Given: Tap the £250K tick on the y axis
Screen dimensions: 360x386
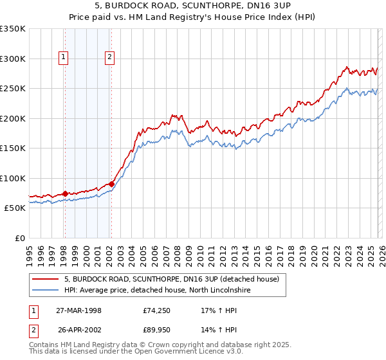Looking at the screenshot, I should coord(13,89).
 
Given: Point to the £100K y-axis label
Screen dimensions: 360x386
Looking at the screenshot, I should coord(13,178).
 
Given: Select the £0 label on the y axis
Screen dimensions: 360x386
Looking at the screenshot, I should coord(21,238).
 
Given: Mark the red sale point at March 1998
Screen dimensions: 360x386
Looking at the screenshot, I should coord(65,194).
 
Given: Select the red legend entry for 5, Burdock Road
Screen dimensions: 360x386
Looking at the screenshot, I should coord(171,279).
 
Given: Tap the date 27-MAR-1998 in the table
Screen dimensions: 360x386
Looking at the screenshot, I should coord(78,310).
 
